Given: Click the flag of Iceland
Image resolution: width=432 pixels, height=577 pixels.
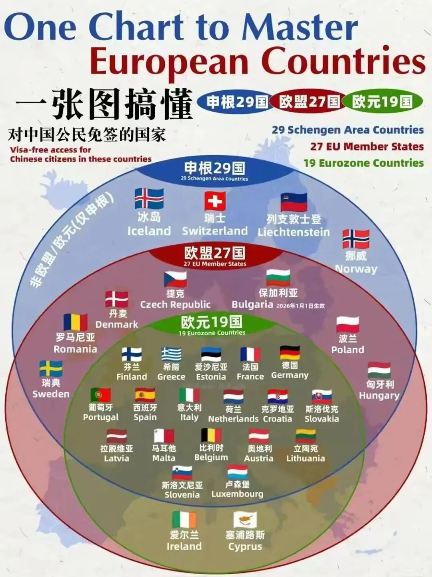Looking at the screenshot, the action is pyautogui.click(x=149, y=199).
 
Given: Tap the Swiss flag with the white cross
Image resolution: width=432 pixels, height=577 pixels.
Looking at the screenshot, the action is pyautogui.click(x=215, y=201).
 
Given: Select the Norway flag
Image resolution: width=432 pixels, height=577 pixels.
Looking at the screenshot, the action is pyautogui.click(x=356, y=239).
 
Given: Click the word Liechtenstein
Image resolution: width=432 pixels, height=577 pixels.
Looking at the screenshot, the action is pyautogui.click(x=294, y=232).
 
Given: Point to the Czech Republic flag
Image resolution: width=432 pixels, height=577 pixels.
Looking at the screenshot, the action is pyautogui.click(x=175, y=279).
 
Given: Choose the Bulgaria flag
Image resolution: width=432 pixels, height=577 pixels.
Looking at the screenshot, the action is pyautogui.click(x=278, y=278).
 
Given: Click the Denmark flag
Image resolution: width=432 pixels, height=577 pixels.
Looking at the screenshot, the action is pyautogui.click(x=117, y=299).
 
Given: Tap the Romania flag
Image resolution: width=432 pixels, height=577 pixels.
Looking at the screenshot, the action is pyautogui.click(x=75, y=322).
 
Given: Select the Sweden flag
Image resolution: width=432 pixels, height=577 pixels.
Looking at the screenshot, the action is pyautogui.click(x=51, y=368).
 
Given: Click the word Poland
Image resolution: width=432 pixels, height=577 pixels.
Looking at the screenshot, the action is pyautogui.click(x=348, y=350).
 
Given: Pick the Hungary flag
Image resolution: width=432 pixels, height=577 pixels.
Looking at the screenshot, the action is pyautogui.click(x=379, y=370).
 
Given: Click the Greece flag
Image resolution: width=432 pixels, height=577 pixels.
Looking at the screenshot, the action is pyautogui.click(x=171, y=354).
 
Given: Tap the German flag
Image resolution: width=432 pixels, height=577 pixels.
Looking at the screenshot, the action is pyautogui.click(x=290, y=353).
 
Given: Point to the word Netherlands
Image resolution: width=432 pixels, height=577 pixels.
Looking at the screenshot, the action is pyautogui.click(x=233, y=419).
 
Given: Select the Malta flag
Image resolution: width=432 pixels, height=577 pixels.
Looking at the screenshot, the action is pyautogui.click(x=164, y=436).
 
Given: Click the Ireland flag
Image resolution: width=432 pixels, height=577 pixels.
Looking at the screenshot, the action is pyautogui.click(x=184, y=520).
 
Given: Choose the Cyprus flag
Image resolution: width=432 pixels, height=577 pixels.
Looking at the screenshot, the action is pyautogui.click(x=245, y=520).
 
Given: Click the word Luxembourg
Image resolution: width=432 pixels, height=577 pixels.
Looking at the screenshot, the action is pyautogui.click(x=237, y=494).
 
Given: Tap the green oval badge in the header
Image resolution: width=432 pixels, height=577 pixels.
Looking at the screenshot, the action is pyautogui.click(x=382, y=102).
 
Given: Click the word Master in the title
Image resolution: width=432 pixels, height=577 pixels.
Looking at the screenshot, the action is pyautogui.click(x=300, y=26).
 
